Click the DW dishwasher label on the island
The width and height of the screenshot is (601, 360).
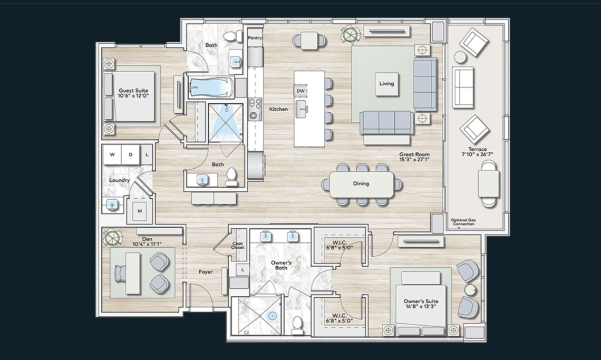300,91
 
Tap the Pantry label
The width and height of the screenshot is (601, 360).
255,37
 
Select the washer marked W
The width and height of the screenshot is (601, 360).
112,154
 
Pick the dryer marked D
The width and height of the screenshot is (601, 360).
131,154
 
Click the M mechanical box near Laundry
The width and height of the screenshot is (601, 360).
140,211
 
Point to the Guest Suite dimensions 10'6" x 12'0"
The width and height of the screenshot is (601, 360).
133,96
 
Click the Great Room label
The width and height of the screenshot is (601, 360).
414,154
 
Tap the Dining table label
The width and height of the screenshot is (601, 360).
361,183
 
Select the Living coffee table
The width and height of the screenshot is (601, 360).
387,84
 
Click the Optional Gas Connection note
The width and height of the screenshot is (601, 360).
463,222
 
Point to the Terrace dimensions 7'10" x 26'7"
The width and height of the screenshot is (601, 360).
477,154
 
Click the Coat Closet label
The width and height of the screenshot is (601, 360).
238,246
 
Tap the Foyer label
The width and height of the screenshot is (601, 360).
206,272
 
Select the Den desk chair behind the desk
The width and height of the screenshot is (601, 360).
120,274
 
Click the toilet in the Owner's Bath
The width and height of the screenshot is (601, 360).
297,325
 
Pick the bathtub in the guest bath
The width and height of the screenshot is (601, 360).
211,88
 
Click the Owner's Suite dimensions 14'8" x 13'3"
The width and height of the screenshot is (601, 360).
421,306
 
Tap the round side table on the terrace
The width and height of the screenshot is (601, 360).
460,57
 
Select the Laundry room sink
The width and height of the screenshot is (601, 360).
112,205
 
